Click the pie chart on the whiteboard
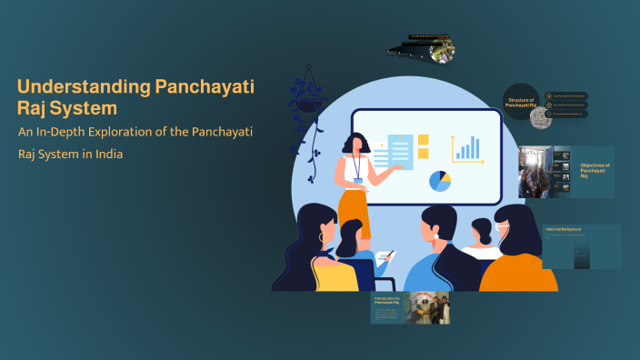coord(440,180)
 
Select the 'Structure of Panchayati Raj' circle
coord(524,104)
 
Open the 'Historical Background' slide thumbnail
coord(582,246)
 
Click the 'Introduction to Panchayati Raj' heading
coord(387,301)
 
